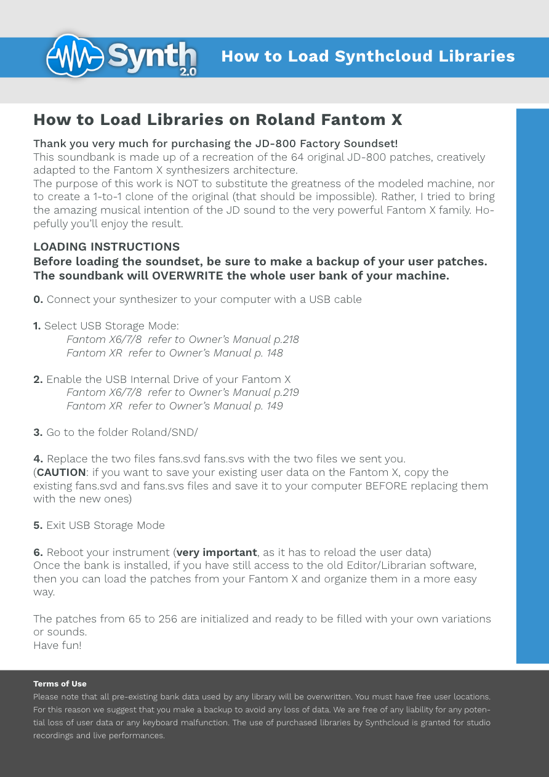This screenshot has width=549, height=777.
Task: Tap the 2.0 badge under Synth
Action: click(x=188, y=71)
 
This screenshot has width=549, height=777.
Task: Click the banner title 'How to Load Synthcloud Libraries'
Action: click(x=367, y=56)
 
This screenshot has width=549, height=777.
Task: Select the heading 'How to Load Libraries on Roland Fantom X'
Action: click(x=218, y=119)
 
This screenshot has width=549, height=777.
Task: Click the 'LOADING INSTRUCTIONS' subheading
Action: click(x=106, y=247)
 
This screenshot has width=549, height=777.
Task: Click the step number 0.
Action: click(x=38, y=300)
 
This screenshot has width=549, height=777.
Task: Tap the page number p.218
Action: click(x=286, y=340)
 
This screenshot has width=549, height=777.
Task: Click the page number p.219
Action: click(x=286, y=393)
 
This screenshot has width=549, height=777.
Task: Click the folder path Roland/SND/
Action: click(x=164, y=433)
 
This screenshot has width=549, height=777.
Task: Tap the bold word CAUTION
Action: click(x=61, y=473)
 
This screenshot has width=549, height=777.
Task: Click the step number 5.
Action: click(x=38, y=526)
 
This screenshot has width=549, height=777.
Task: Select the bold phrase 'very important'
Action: click(x=217, y=552)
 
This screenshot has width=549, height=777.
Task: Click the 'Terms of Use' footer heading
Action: click(x=60, y=684)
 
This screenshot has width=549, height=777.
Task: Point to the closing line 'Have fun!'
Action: click(x=57, y=645)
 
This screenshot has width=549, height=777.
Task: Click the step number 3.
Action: click(x=38, y=433)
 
